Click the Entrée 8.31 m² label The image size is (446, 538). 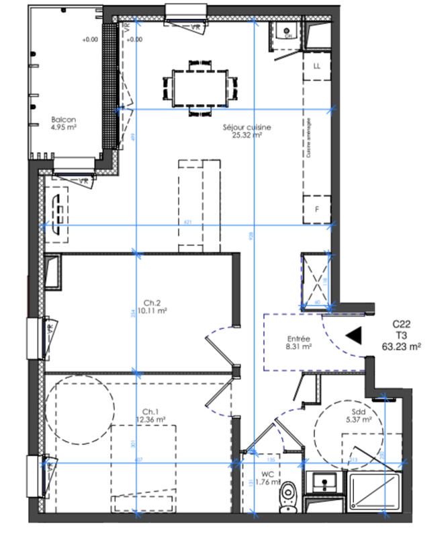[x=298, y=343]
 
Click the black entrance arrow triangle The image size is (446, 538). [x=353, y=334]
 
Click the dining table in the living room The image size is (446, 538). [x=199, y=85]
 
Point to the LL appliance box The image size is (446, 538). [x=318, y=67]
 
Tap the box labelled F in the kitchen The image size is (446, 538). [x=318, y=209]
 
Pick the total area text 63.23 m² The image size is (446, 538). [x=401, y=347]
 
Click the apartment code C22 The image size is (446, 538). [x=401, y=323]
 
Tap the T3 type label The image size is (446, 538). [x=401, y=335]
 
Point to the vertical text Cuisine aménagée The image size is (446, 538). [x=309, y=138]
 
